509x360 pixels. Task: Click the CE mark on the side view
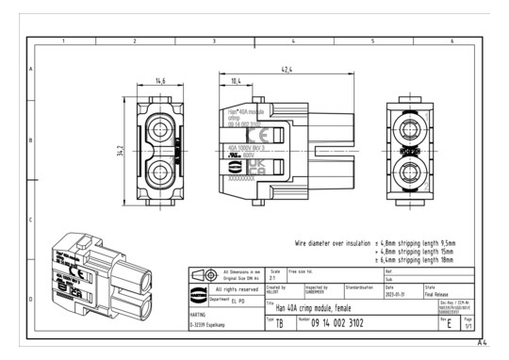tap(264, 135)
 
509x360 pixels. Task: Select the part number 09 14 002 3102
tap(339, 322)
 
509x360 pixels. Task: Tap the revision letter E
tap(449, 323)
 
